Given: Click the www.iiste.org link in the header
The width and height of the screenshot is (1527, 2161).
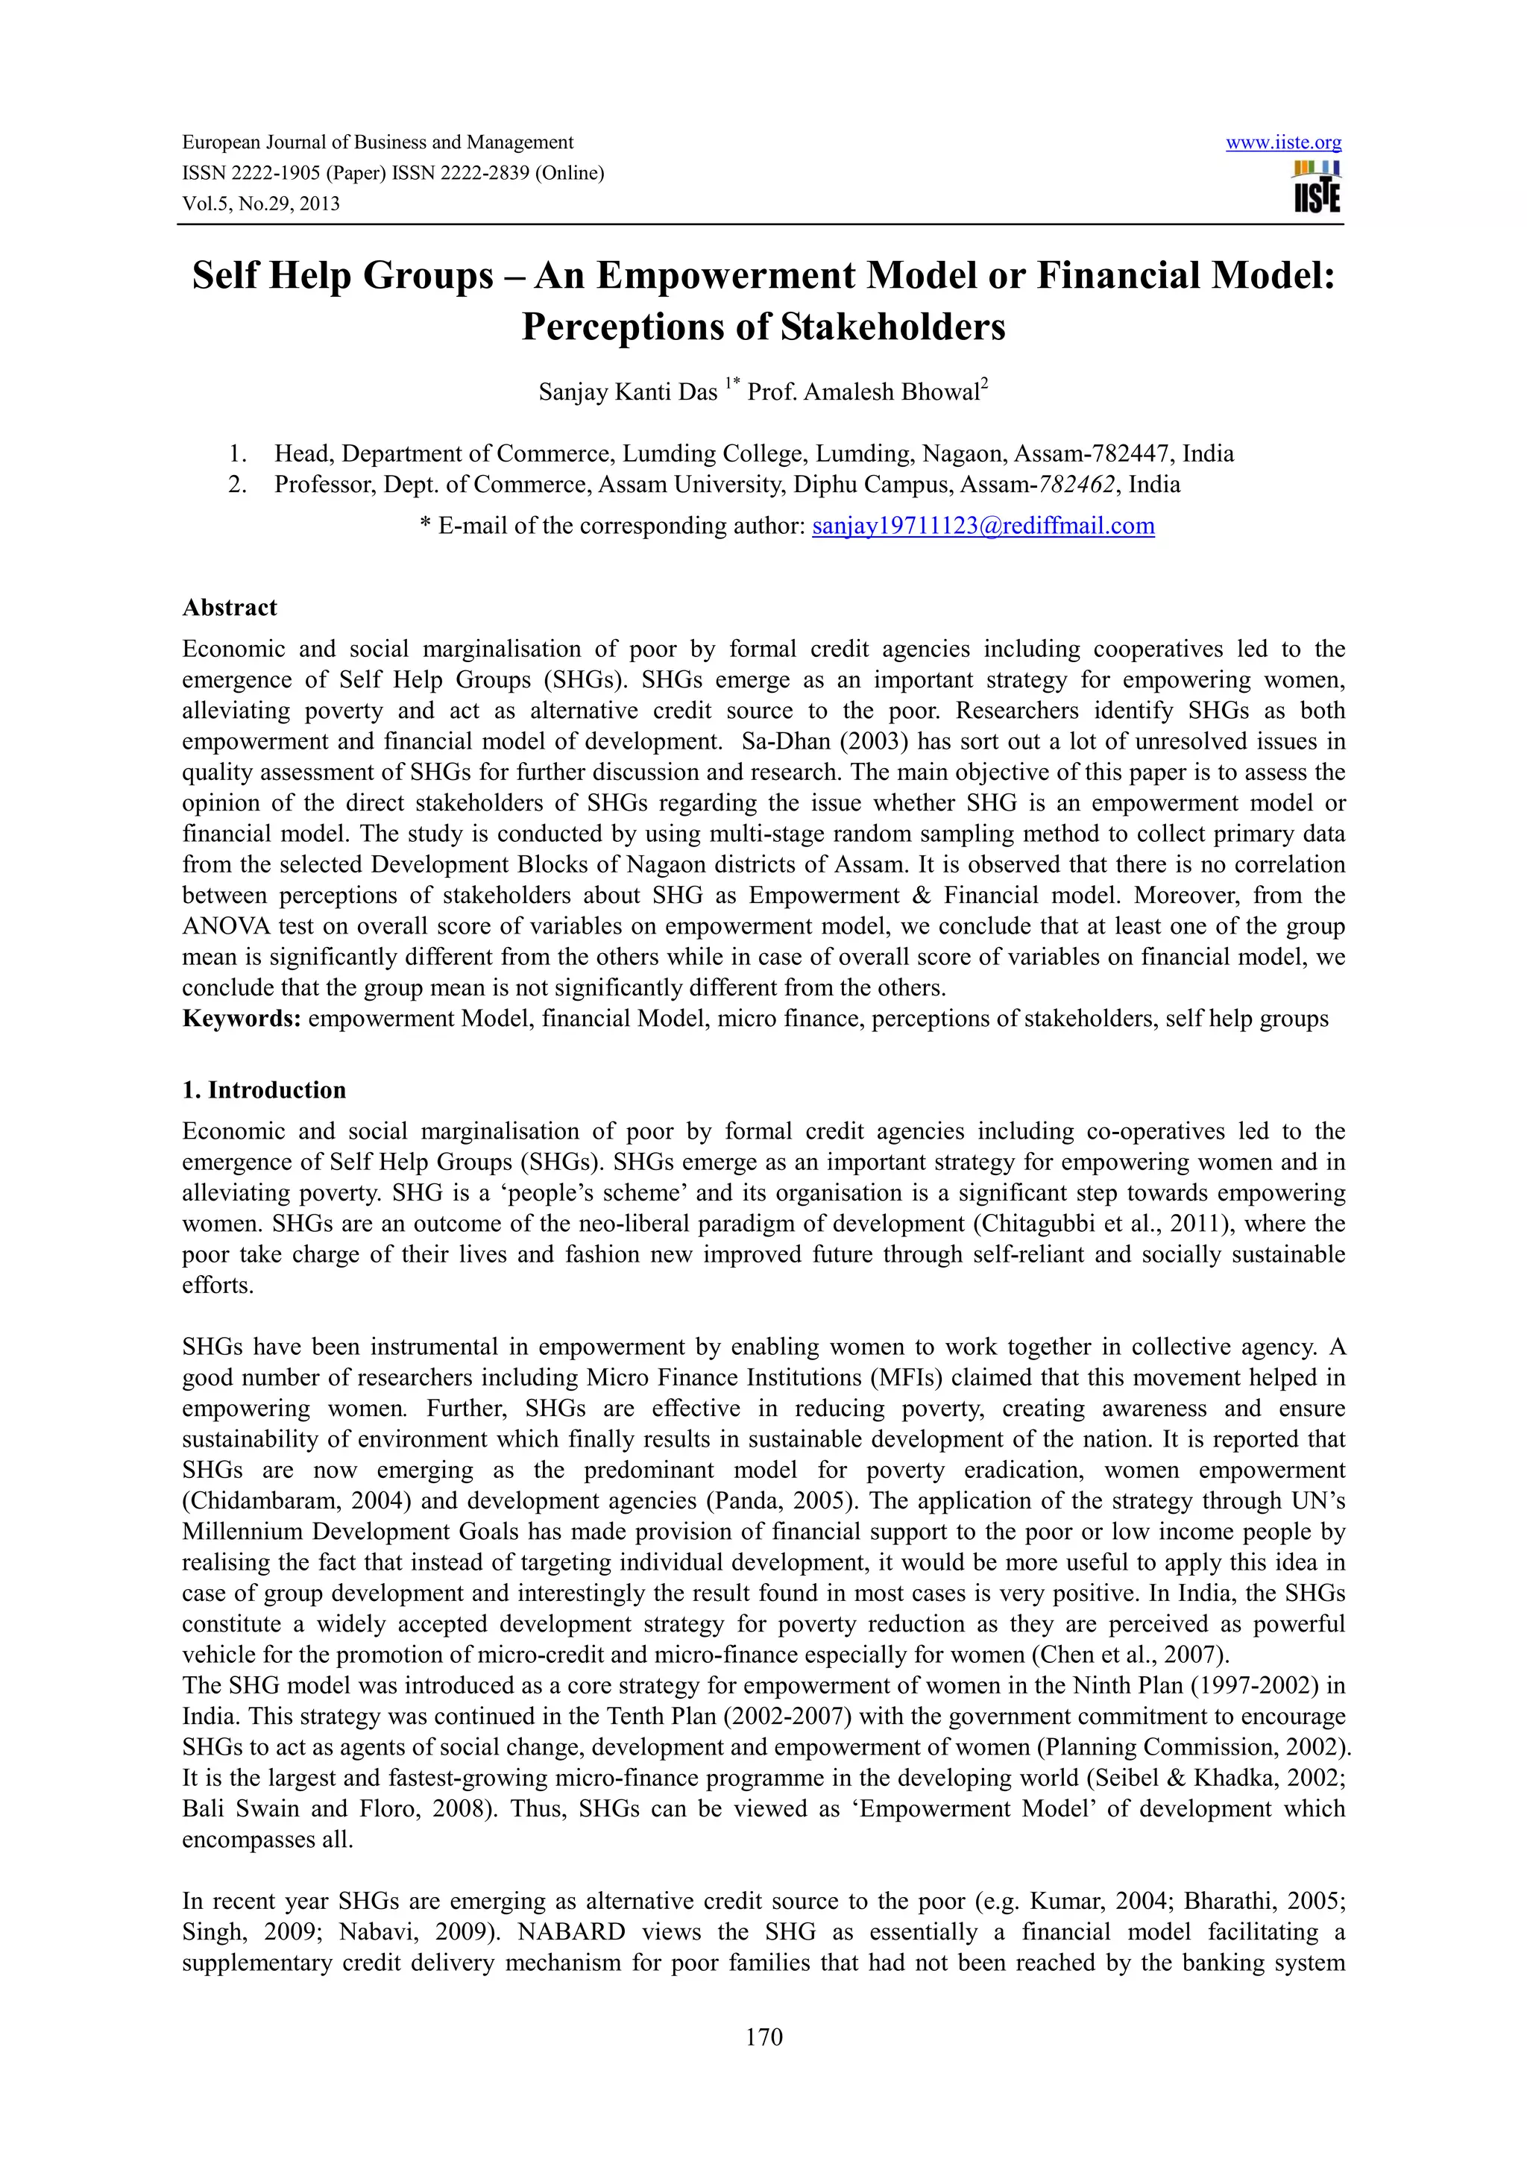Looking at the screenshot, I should click(1282, 143).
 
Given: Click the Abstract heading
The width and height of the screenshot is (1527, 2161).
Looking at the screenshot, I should click(230, 608).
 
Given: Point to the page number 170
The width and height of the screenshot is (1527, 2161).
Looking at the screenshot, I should click(763, 2036).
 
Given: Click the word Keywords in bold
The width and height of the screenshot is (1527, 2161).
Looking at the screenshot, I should click(241, 1019).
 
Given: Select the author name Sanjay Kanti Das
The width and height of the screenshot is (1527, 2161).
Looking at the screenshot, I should click(628, 392).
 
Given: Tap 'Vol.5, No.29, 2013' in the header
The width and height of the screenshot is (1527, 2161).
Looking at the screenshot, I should click(261, 204).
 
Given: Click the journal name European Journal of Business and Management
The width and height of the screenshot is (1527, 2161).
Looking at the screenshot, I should click(377, 142).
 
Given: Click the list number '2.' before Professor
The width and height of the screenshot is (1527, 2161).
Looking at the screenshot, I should click(237, 485).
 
